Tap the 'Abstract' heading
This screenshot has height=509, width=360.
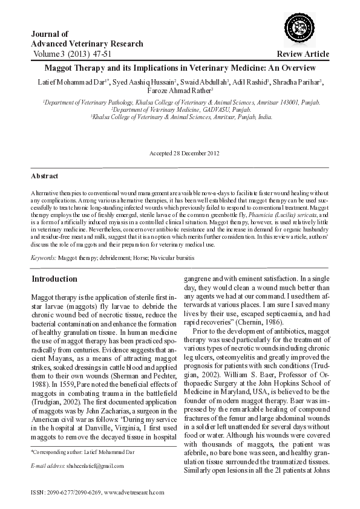pyautogui.click(x=45, y=176)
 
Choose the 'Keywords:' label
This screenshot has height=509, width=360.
pyautogui.click(x=44, y=258)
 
